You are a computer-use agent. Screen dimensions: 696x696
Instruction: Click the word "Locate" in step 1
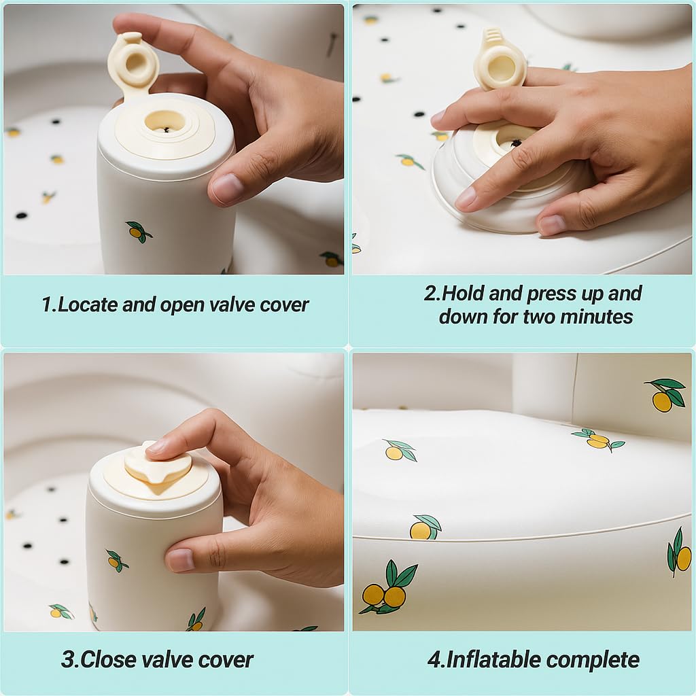tap(87, 305)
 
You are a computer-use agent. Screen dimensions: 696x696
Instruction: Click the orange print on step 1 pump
tap(138, 232)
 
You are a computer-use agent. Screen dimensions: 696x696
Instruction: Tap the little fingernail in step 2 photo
tap(551, 224)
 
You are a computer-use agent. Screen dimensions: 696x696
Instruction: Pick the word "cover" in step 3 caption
tap(220, 659)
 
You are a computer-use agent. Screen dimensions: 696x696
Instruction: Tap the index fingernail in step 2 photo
tap(466, 198)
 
